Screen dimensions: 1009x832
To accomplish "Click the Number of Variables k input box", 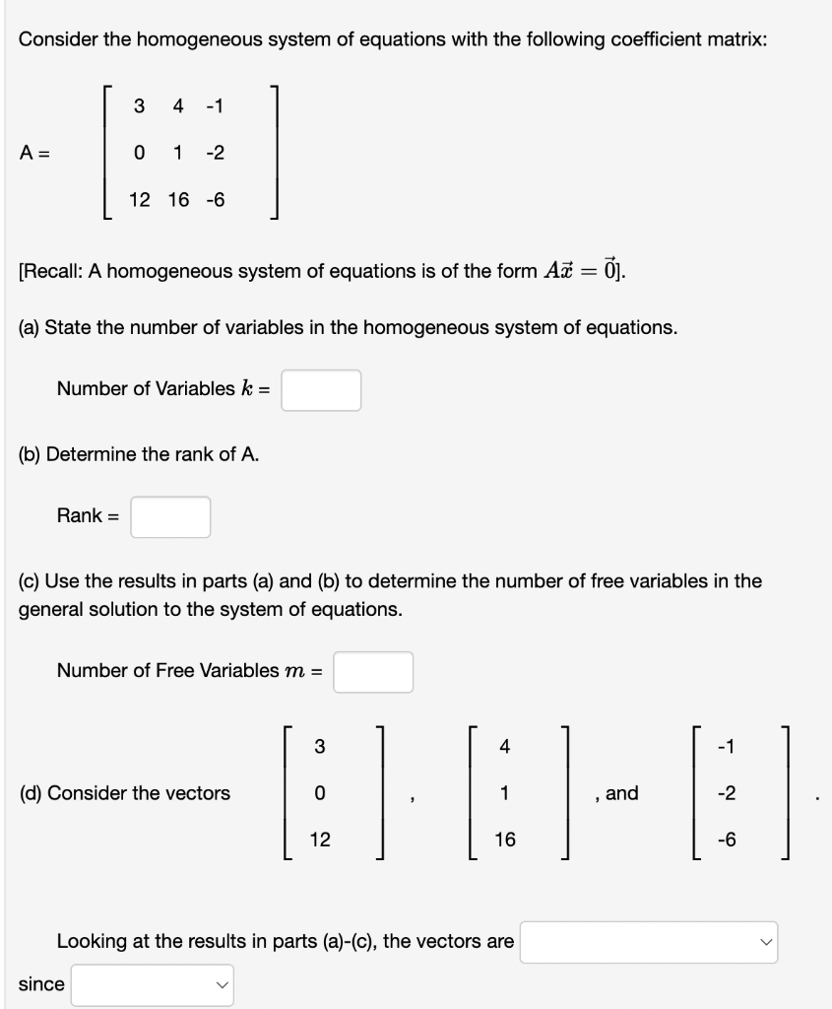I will pyautogui.click(x=321, y=389).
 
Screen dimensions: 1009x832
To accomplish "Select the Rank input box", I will pyautogui.click(x=170, y=516).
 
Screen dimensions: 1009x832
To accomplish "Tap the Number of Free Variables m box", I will pyautogui.click(x=372, y=672).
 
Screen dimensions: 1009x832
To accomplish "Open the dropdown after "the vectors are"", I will pyautogui.click(x=648, y=942).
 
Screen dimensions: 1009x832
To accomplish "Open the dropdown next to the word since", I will pyautogui.click(x=152, y=984).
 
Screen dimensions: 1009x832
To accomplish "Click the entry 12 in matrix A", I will pyautogui.click(x=140, y=200).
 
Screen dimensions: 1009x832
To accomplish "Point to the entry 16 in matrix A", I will pyautogui.click(x=178, y=200).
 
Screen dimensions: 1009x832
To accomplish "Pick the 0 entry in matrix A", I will pyautogui.click(x=139, y=153).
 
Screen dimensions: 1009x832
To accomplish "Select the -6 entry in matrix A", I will pyautogui.click(x=215, y=200).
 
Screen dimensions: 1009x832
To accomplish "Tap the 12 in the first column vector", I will pyautogui.click(x=320, y=840).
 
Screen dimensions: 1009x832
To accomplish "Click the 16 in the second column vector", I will pyautogui.click(x=505, y=840).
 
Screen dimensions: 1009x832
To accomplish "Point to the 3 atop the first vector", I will pyautogui.click(x=319, y=746).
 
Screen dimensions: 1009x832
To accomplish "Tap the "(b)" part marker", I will pyautogui.click(x=31, y=454).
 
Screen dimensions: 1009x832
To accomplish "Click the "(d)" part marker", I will pyautogui.click(x=31, y=793).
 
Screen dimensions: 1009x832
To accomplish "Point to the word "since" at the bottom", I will pyautogui.click(x=41, y=984).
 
